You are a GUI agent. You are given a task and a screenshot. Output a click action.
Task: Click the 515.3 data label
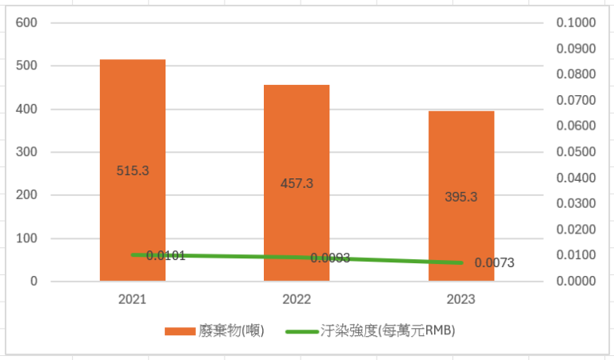(133, 170)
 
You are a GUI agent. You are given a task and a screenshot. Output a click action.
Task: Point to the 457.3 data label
(297, 183)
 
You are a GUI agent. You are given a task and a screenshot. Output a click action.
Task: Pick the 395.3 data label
(460, 197)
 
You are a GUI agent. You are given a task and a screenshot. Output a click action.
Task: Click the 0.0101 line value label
(166, 256)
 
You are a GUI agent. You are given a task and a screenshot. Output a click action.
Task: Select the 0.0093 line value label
(330, 258)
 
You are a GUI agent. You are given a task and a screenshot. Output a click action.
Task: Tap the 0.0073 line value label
(494, 262)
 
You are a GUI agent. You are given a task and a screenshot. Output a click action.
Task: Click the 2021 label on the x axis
(133, 299)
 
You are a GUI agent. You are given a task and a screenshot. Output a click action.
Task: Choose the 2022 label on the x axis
(297, 299)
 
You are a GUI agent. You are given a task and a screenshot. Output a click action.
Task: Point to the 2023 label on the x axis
(460, 299)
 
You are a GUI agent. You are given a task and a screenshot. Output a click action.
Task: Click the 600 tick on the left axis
(27, 23)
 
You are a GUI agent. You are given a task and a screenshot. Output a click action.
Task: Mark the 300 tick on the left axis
(27, 152)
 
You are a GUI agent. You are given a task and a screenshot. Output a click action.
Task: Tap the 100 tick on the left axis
(27, 238)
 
